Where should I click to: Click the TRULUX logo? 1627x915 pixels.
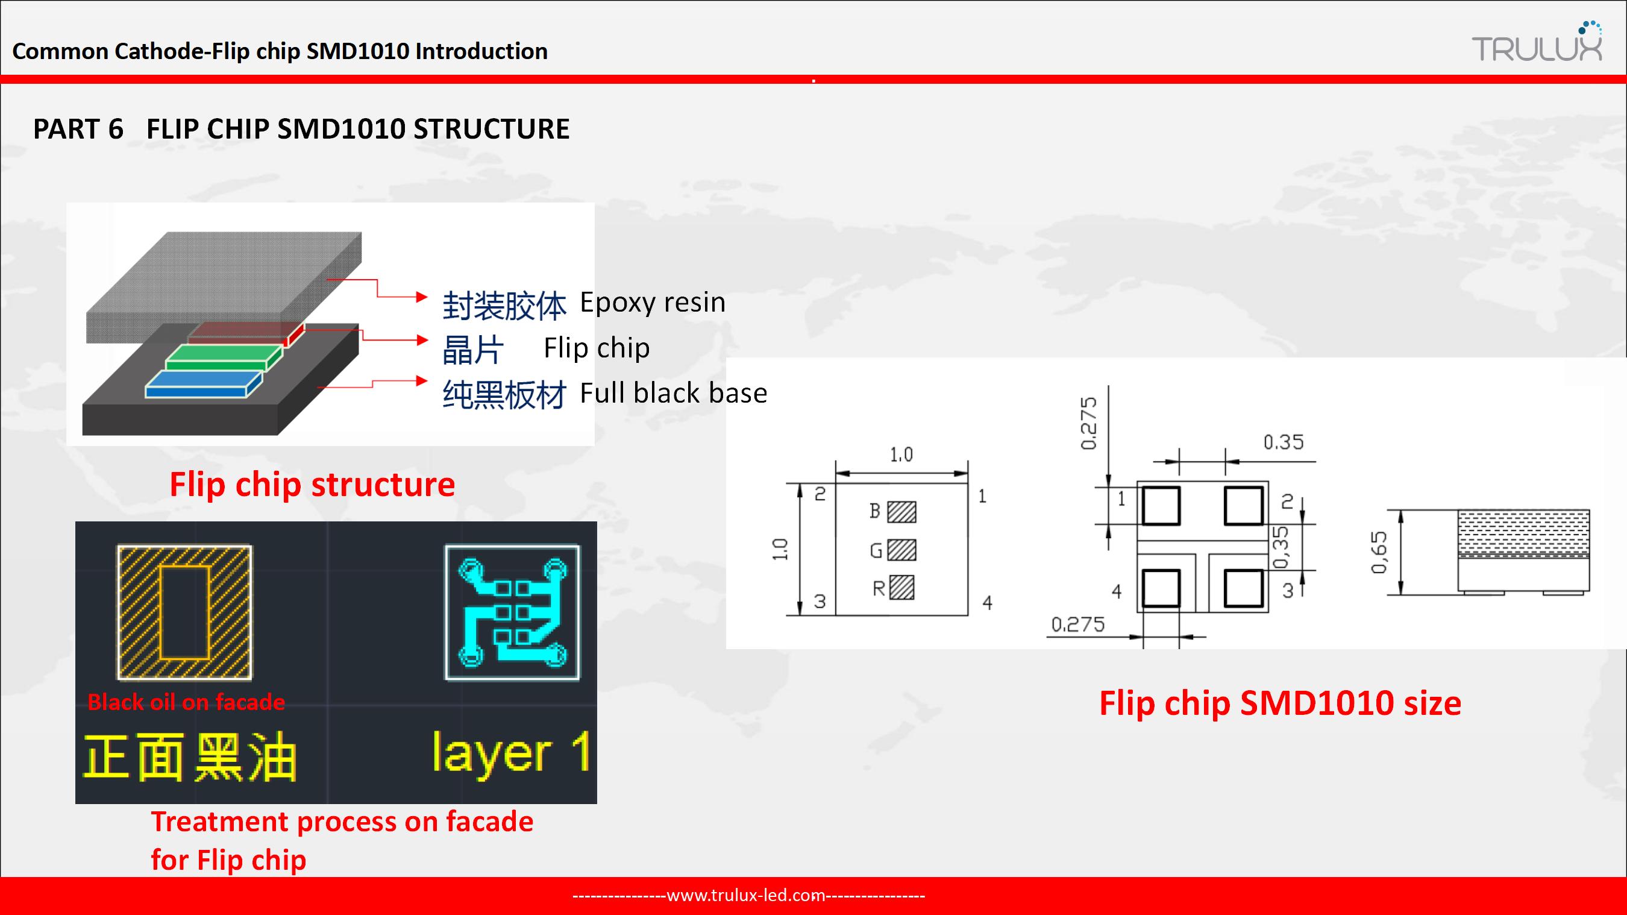[1537, 42]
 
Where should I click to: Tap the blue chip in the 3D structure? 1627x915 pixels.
[204, 384]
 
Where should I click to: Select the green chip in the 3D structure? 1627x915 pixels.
[224, 357]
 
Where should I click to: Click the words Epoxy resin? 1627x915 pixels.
[653, 302]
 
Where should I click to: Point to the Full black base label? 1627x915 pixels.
[673, 392]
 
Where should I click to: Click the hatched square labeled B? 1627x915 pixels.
[901, 512]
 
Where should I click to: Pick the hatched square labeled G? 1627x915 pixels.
[901, 550]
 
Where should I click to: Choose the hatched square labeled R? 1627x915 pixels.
[901, 588]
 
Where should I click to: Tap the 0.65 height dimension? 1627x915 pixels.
[1379, 552]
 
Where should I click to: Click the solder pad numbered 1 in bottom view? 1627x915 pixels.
[1161, 506]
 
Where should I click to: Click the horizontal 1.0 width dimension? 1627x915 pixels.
[901, 455]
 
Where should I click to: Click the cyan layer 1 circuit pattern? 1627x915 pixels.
[512, 612]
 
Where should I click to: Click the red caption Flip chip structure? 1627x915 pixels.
[312, 485]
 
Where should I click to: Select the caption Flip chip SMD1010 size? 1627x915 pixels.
[1281, 703]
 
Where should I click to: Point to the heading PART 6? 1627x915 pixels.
[78, 129]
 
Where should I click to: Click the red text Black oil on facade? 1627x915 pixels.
[186, 702]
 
